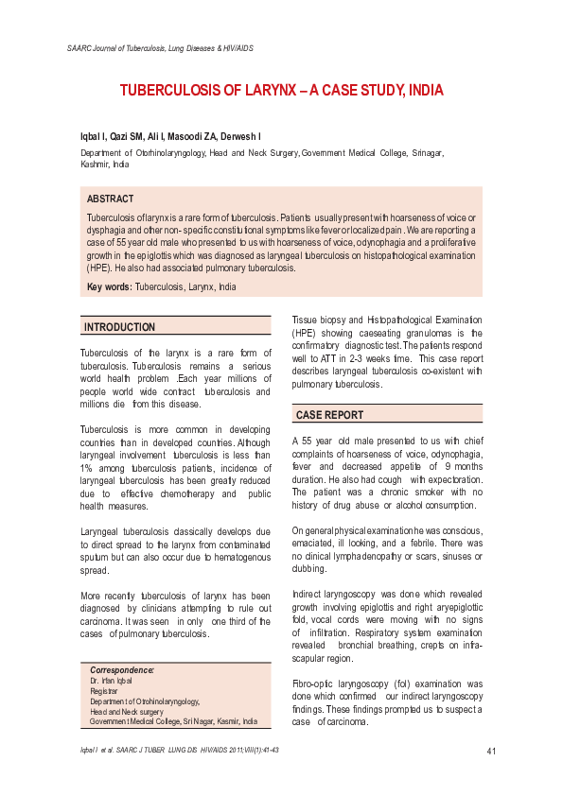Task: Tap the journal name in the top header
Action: (x=160, y=47)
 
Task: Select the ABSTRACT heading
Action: (x=110, y=199)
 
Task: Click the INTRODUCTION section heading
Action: (x=120, y=327)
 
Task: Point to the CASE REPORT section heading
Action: (x=329, y=415)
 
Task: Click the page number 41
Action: (x=491, y=752)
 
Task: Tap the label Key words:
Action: (x=110, y=286)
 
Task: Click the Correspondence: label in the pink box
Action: (x=121, y=669)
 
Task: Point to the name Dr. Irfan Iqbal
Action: (x=112, y=681)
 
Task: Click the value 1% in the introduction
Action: (x=87, y=467)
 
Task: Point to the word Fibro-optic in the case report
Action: (x=313, y=683)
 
